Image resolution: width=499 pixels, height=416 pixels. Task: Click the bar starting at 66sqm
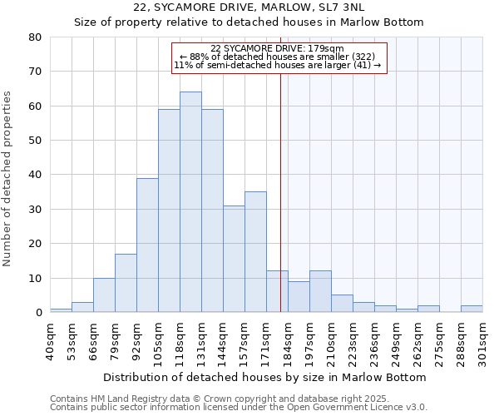(104, 295)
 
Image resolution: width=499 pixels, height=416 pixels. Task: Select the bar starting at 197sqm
(320, 291)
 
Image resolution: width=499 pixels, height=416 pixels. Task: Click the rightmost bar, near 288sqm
(472, 309)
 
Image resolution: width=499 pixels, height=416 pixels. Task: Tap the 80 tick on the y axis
(34, 37)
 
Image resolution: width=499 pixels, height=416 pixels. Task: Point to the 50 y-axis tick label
(34, 141)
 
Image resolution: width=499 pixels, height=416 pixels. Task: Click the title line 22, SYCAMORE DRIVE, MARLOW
(249, 7)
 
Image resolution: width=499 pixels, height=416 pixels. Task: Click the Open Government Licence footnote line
(239, 407)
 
